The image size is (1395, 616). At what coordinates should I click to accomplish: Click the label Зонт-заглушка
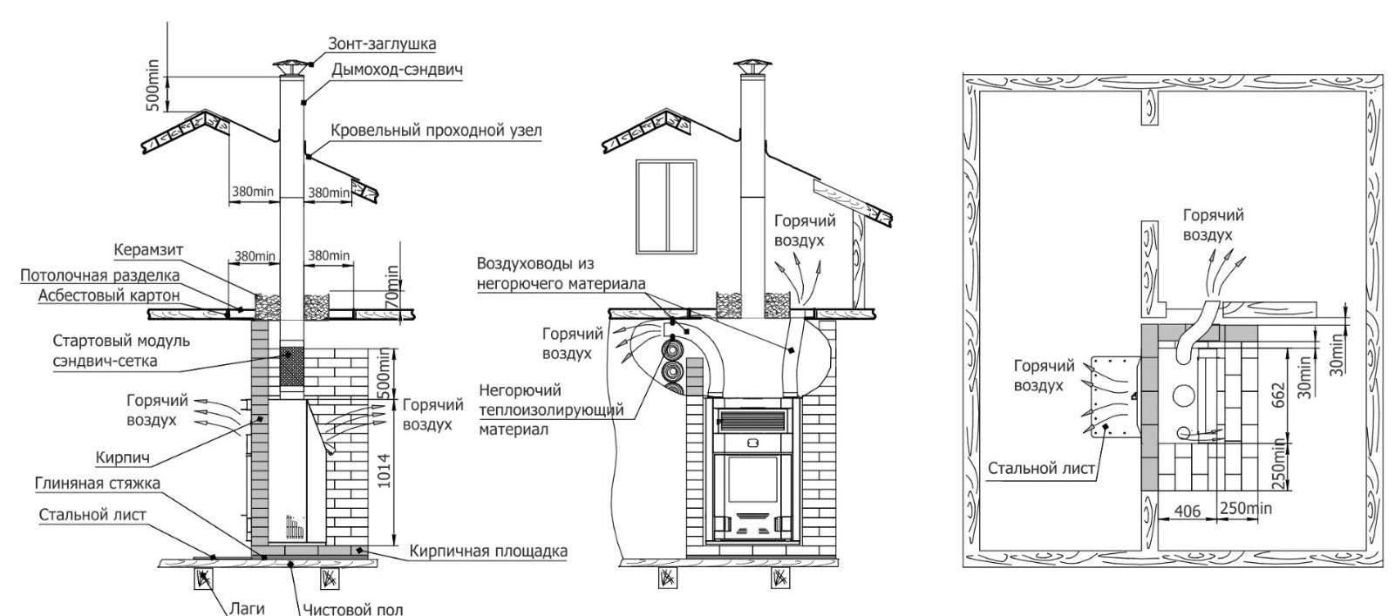click(x=382, y=43)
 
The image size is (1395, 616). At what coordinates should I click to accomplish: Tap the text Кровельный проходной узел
click(x=436, y=131)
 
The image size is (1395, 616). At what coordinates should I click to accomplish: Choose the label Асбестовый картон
click(x=109, y=296)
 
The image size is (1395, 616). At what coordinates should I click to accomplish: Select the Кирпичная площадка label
click(x=487, y=552)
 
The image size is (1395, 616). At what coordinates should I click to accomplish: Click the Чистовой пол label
click(x=353, y=608)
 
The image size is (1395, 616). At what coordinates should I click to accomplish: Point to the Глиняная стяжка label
click(x=97, y=484)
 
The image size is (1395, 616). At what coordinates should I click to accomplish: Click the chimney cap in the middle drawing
click(x=747, y=69)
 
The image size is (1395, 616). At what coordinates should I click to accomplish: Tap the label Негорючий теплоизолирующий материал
click(x=548, y=410)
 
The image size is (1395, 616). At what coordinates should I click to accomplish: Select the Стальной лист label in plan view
click(x=1041, y=469)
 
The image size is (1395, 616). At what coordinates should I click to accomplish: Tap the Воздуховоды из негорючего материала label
click(x=561, y=274)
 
